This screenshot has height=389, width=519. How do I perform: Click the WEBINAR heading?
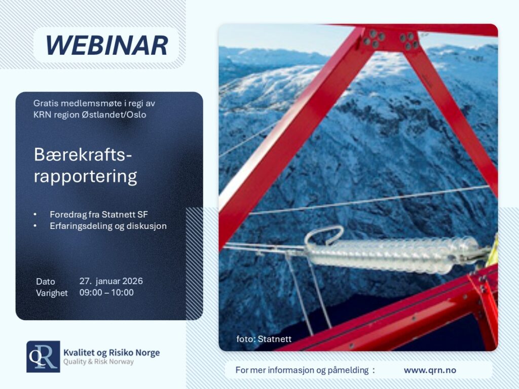[x=106, y=45]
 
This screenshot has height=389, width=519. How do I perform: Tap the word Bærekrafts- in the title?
[x=83, y=154]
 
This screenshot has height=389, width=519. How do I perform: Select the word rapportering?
[x=85, y=177]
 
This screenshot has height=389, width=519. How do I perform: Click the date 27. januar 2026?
[x=111, y=281]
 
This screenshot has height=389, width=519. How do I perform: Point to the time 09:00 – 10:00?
[x=106, y=292]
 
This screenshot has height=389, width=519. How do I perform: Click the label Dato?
[x=45, y=282]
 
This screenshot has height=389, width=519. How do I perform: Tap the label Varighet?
[x=52, y=293]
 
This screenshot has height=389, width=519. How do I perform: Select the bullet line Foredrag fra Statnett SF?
[x=99, y=214]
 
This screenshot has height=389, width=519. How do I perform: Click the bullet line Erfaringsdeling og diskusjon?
[x=108, y=226]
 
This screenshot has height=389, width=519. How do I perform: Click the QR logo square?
[x=44, y=357]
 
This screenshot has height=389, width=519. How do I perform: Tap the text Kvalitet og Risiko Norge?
[x=112, y=353]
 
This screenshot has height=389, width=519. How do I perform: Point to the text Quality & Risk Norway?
[x=99, y=362]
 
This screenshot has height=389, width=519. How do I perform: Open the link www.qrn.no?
[x=430, y=370]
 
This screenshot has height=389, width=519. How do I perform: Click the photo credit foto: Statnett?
[x=264, y=339]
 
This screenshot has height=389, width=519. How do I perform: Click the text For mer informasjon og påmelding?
[x=302, y=370]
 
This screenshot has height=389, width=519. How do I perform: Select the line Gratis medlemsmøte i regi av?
[x=94, y=103]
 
